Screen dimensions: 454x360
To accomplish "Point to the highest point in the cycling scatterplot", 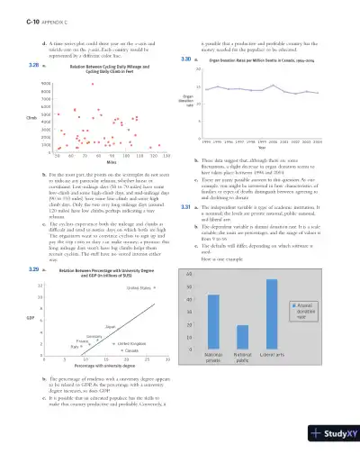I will point(92,84).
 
